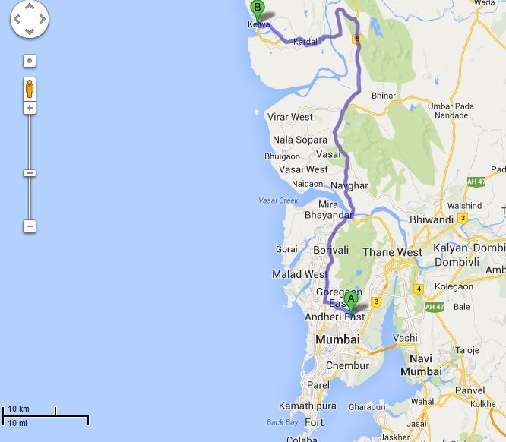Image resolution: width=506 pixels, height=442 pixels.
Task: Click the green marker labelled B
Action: coord(258,11)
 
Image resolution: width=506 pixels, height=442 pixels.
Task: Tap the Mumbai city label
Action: coord(337,339)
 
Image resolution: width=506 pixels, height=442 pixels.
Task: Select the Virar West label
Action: coord(289,117)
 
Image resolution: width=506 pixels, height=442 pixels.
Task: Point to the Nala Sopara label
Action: coord(299,140)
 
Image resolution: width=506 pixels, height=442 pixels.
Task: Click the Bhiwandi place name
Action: coord(431,219)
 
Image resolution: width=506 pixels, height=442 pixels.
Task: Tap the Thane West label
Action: coord(393,252)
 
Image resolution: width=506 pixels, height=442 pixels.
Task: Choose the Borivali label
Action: coord(330,250)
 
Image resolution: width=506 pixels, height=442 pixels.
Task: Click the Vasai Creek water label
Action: coord(278,200)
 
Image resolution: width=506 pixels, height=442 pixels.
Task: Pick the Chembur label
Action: coord(346,365)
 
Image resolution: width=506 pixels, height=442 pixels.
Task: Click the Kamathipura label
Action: coord(307,406)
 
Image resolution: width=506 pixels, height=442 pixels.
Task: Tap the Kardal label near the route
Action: coord(305,41)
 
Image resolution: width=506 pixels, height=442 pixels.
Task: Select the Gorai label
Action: coord(286,249)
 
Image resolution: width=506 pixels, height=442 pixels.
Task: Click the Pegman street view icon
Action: coord(30,88)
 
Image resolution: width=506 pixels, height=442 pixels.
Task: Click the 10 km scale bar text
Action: coord(18,409)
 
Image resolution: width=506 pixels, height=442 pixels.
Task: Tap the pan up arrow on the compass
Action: coord(30,10)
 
